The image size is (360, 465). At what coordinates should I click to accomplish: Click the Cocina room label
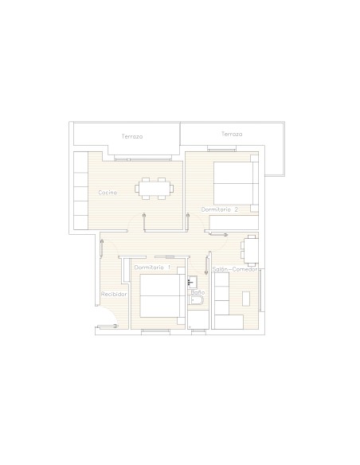point(108,193)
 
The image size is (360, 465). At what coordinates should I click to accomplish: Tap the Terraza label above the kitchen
point(132,136)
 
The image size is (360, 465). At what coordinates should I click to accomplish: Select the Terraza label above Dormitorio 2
point(232,134)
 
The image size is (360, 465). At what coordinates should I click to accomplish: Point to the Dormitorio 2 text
point(220,209)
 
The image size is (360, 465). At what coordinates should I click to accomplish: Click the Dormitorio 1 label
point(152,268)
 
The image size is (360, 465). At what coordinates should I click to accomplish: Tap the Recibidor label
point(114,294)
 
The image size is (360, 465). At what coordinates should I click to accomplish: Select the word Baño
point(198,292)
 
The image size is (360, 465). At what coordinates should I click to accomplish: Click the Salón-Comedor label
point(235,269)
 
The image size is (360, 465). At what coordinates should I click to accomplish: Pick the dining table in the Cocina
point(154,189)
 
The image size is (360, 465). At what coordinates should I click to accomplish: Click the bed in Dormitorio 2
point(236,183)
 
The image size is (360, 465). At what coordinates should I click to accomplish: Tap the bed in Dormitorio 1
point(162,295)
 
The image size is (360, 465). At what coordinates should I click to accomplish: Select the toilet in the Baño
point(196,300)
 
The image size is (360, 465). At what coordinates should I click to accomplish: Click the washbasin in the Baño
point(192,282)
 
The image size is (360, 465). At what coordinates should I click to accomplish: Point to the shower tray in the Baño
point(198,320)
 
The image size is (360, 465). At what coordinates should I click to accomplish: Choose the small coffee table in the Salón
point(246,299)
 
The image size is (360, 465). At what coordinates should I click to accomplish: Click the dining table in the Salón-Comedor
point(251,251)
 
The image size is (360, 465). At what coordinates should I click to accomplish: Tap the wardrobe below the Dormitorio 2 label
point(233,222)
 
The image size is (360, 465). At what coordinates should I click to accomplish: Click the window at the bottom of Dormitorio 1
point(155,332)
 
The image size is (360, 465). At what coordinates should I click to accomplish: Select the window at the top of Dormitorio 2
point(221,148)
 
